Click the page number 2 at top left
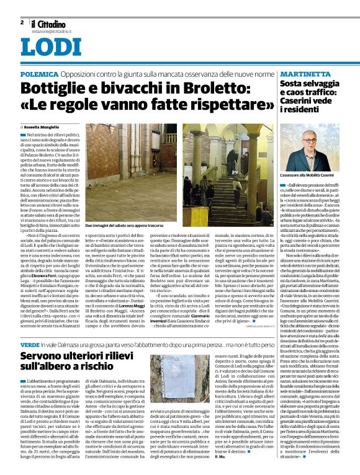click(x=22, y=22)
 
